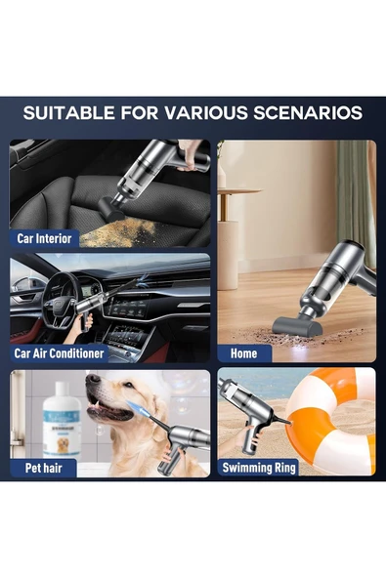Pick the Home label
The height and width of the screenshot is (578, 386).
click(244, 352)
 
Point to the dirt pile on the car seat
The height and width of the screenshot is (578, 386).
click(122, 231)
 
